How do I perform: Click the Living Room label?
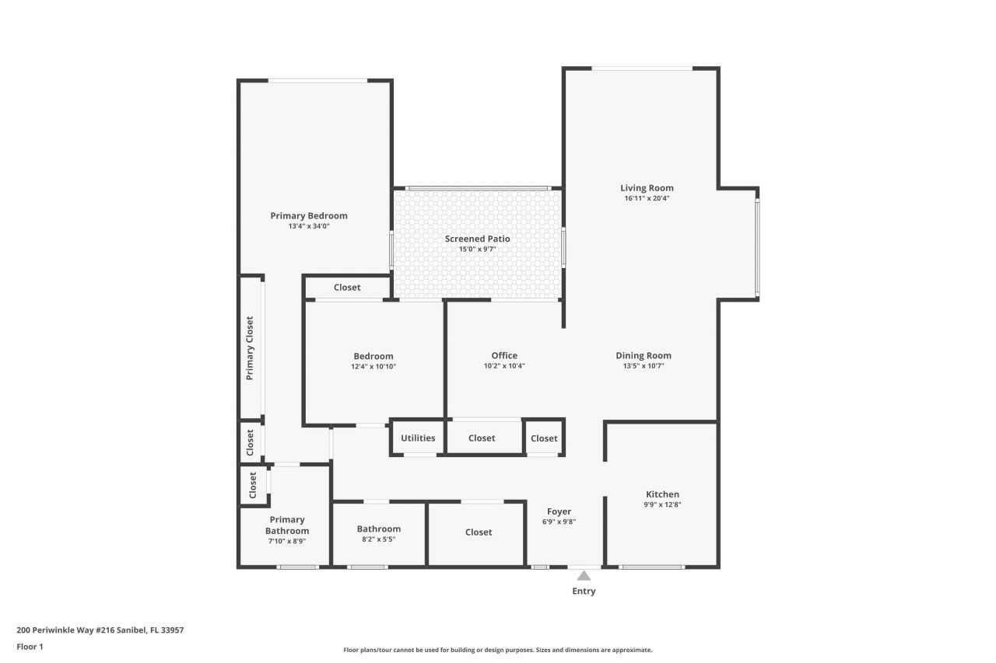click(x=647, y=187)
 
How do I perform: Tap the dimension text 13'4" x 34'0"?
click(x=309, y=226)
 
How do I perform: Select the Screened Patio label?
click(x=477, y=239)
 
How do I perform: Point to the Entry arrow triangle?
click(x=584, y=575)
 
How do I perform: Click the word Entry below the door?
click(x=584, y=591)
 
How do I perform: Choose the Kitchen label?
click(x=662, y=494)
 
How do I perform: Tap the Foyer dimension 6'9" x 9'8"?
click(x=559, y=522)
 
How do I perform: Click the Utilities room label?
click(x=418, y=438)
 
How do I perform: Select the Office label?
click(x=504, y=355)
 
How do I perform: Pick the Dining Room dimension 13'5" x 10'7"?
click(x=643, y=365)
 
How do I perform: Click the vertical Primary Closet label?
click(x=250, y=347)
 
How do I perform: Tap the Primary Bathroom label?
click(x=287, y=525)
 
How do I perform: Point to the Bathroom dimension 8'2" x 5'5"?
click(x=379, y=539)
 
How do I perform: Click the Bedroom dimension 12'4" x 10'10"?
click(x=373, y=366)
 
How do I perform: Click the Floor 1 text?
click(x=30, y=646)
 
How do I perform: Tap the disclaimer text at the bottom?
click(x=498, y=650)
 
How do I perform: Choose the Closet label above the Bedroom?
click(x=347, y=287)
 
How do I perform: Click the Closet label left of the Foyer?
click(x=479, y=532)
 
